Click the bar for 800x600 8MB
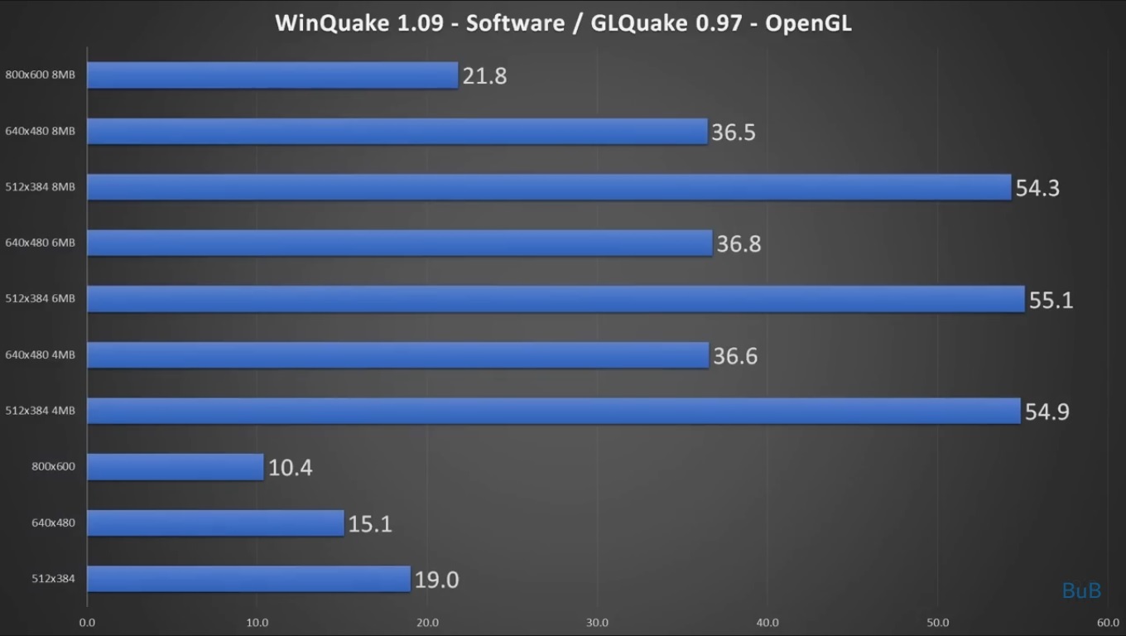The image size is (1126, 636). (x=272, y=75)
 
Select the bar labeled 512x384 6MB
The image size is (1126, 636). (x=556, y=299)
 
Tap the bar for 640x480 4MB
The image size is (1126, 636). (x=397, y=355)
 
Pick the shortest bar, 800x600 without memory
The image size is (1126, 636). (x=175, y=467)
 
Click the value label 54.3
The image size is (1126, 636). (x=1037, y=188)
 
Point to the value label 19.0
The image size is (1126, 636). (x=436, y=580)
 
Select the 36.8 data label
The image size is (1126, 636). (x=739, y=244)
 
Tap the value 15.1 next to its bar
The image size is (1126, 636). (x=370, y=524)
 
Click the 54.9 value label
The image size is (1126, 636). (x=1047, y=412)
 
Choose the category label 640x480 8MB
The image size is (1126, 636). (x=40, y=131)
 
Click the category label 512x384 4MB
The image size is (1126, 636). (x=40, y=411)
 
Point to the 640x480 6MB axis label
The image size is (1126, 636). (x=40, y=243)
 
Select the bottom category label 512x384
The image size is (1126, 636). (x=53, y=579)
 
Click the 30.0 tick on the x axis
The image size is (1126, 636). (x=597, y=623)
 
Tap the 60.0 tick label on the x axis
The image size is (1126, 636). (x=1108, y=623)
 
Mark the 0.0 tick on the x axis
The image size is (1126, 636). (x=87, y=623)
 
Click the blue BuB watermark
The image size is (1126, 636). (x=1081, y=590)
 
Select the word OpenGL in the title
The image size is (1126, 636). (x=808, y=22)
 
